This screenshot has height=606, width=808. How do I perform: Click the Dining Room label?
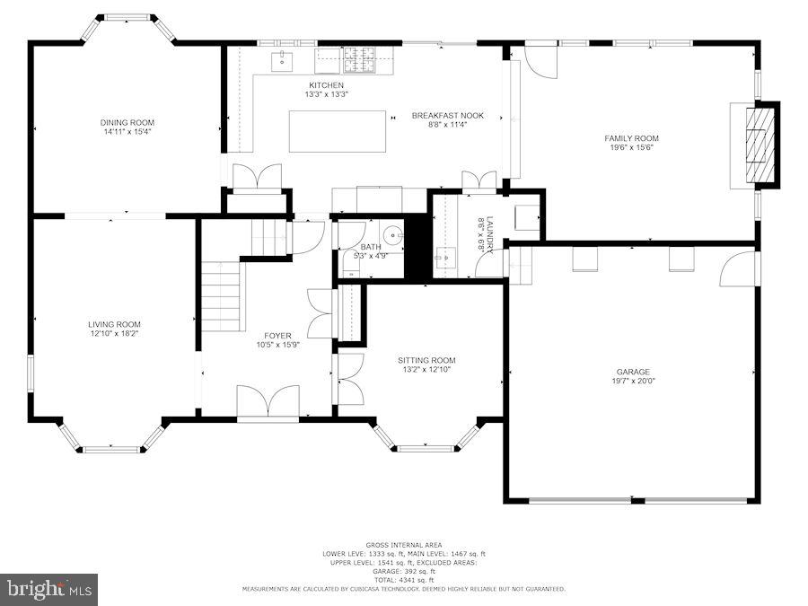pyautogui.click(x=127, y=123)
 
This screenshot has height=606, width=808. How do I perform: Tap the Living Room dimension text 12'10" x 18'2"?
pyautogui.click(x=114, y=334)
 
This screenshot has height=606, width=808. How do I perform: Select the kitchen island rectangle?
pyautogui.click(x=337, y=131)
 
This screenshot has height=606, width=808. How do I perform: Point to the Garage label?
pyautogui.click(x=632, y=372)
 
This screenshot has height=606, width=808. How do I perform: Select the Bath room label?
pyautogui.click(x=371, y=247)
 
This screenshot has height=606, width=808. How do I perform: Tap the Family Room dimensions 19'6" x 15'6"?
pyautogui.click(x=631, y=147)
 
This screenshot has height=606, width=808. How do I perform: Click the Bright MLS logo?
pyautogui.click(x=49, y=590)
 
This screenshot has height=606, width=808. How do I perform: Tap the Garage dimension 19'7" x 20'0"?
pyautogui.click(x=632, y=381)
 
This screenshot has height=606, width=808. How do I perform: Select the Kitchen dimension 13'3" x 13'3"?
pyautogui.click(x=326, y=94)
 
